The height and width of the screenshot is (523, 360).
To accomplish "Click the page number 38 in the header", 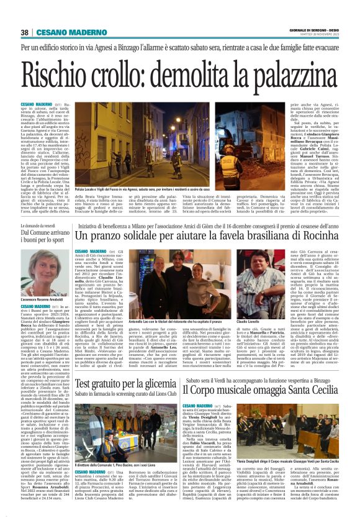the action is coord(25,32).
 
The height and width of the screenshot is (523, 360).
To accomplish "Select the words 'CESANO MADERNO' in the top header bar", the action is coord(63,32).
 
